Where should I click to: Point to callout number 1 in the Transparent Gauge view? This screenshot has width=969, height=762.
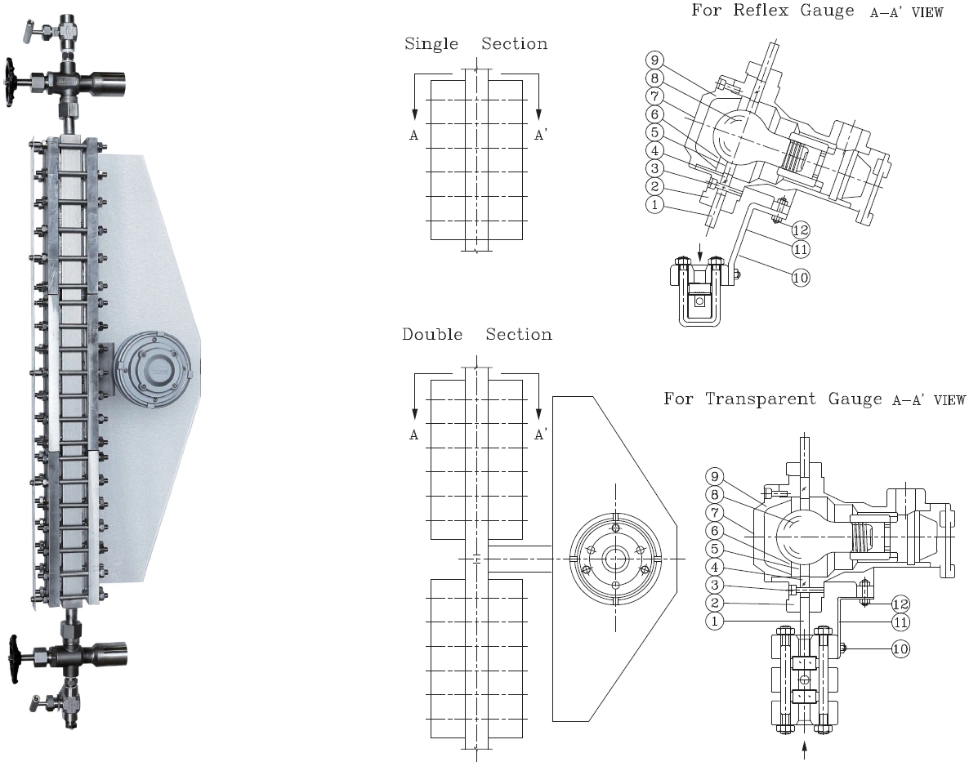click(x=714, y=622)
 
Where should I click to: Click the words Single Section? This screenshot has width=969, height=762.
click(x=476, y=43)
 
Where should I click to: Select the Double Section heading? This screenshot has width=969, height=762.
click(x=476, y=334)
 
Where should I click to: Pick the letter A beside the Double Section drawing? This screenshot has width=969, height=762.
click(x=414, y=436)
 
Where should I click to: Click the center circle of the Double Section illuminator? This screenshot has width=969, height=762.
click(x=615, y=559)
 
